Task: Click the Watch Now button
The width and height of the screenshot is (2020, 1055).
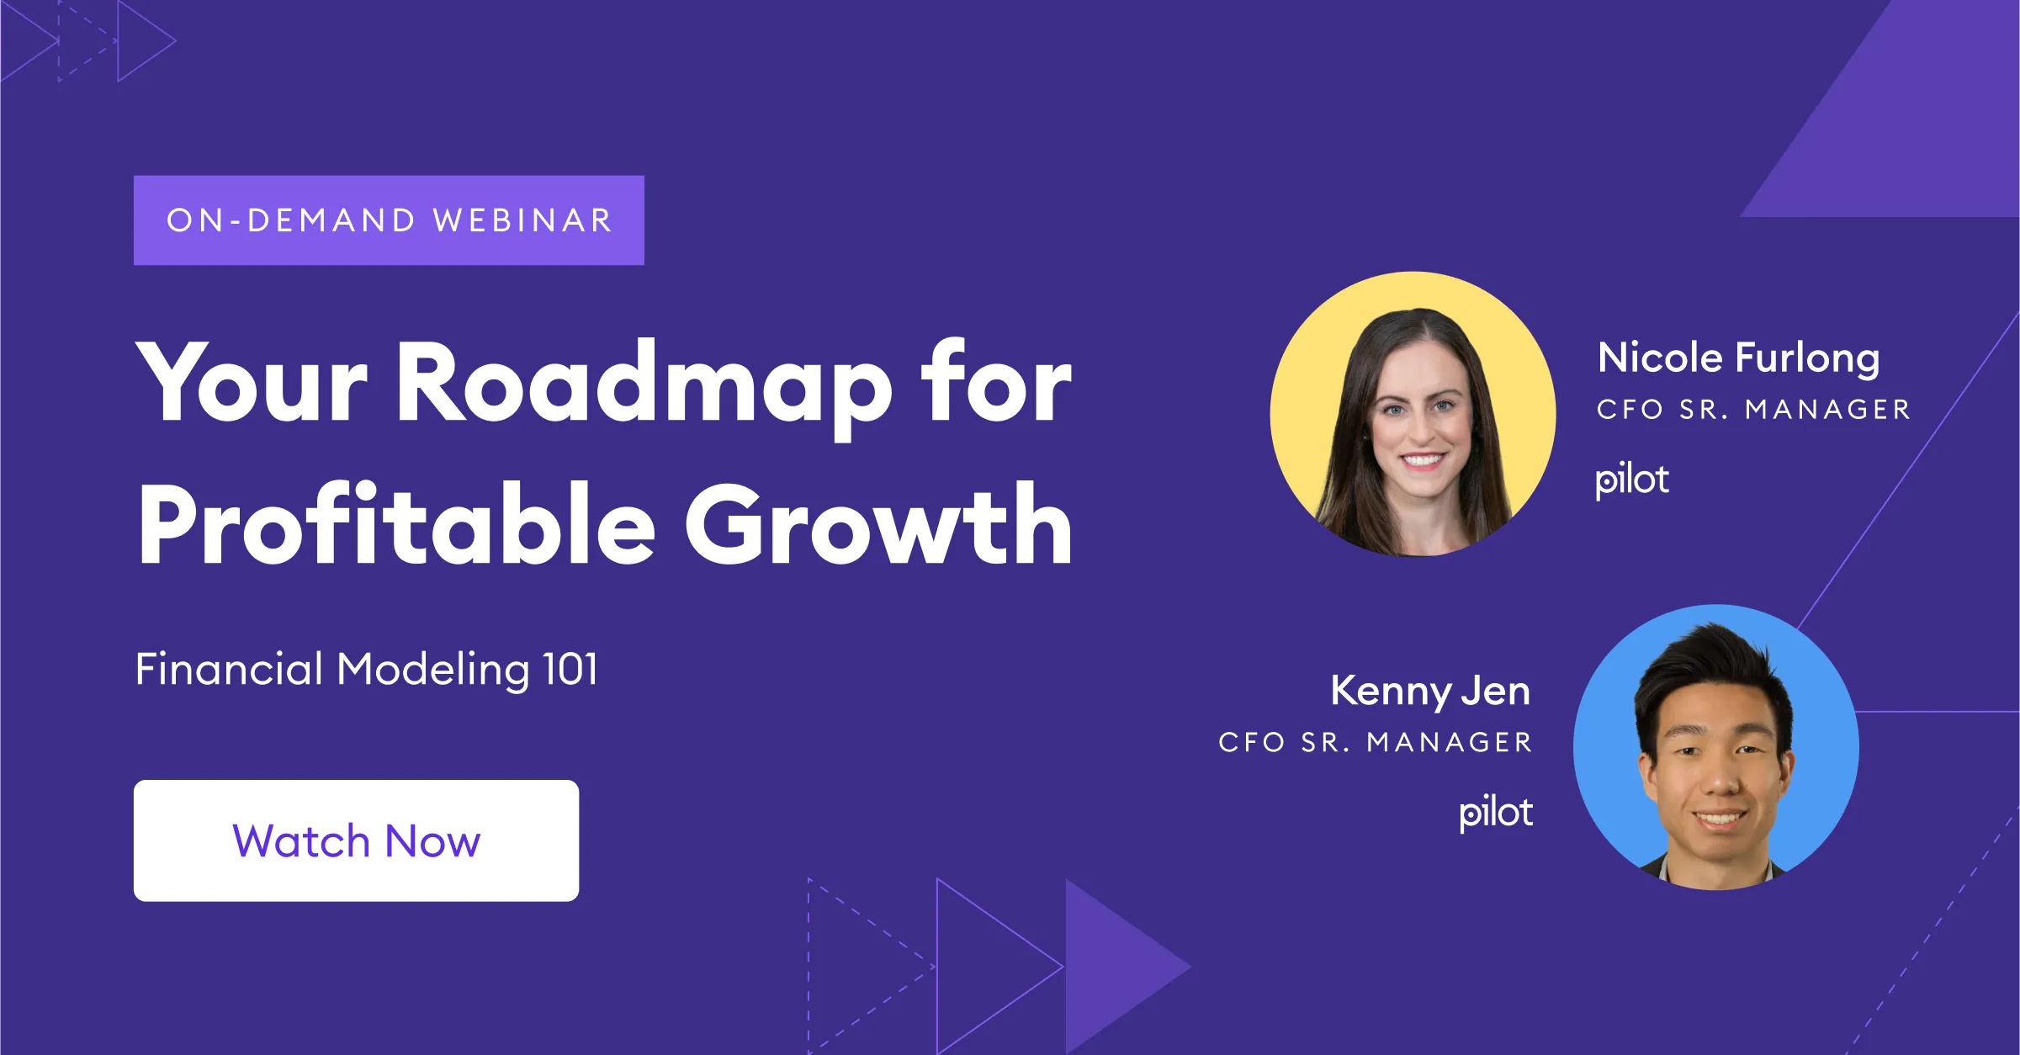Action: [356, 840]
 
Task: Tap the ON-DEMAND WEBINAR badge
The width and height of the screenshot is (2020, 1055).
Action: [389, 220]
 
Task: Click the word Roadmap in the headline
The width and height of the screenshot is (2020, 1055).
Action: [643, 383]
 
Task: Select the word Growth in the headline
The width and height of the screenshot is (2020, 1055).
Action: [878, 526]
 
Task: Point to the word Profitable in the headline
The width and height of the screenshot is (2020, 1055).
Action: [395, 526]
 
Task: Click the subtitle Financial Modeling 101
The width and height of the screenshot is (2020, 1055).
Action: [367, 671]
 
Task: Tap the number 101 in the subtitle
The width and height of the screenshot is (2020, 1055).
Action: [570, 671]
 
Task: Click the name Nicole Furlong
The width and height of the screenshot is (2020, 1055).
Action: [1738, 359]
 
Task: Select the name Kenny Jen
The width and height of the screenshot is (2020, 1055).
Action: [1429, 692]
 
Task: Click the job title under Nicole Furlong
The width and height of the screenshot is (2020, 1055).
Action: [1753, 410]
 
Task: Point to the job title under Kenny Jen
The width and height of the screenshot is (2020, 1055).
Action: [1376, 742]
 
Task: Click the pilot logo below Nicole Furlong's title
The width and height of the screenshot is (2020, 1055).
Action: [1631, 480]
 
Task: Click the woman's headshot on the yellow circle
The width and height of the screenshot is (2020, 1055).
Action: [1413, 414]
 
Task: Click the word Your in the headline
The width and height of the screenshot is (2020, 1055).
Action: [252, 383]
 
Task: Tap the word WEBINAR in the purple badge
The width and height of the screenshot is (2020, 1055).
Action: [522, 220]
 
